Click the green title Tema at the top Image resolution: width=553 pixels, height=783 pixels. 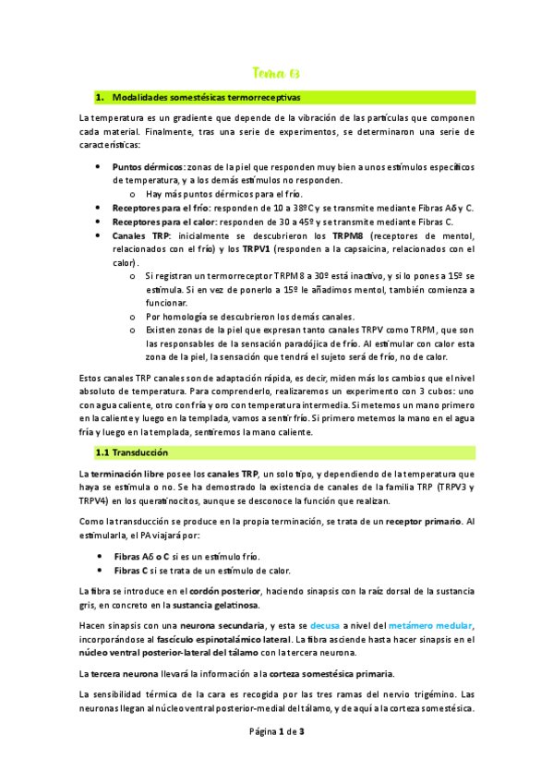point(276,73)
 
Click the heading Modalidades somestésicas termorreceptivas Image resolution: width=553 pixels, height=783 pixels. point(205,97)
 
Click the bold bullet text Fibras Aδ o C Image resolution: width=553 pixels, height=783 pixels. point(147,557)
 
